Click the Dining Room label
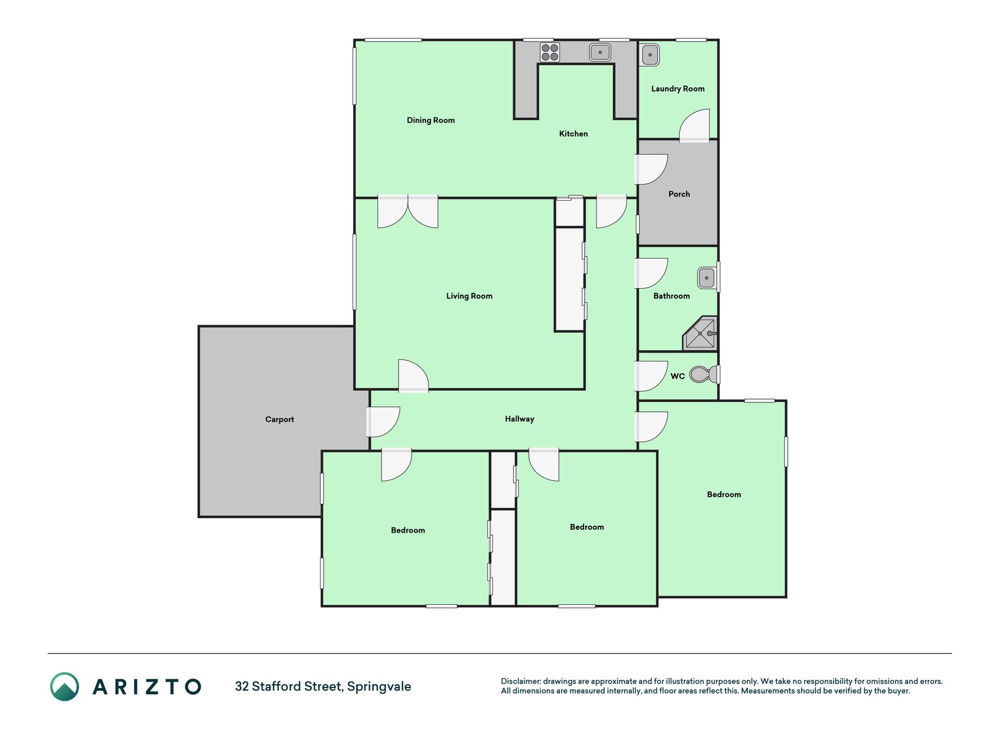(x=430, y=120)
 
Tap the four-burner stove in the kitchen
(x=549, y=52)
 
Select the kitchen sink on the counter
(x=600, y=52)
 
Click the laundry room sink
(x=650, y=55)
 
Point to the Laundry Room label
(x=677, y=89)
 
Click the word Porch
(x=679, y=194)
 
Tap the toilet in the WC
(x=703, y=374)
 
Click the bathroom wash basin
(x=707, y=278)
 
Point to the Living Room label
(x=469, y=296)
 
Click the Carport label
(x=279, y=420)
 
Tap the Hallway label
(x=519, y=419)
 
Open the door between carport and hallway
(x=383, y=422)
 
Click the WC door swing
(x=651, y=376)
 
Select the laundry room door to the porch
(x=694, y=125)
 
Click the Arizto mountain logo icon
(x=65, y=686)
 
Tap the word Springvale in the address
(x=379, y=686)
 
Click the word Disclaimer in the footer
(x=521, y=681)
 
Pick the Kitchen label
(x=573, y=134)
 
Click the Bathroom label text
(x=672, y=296)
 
